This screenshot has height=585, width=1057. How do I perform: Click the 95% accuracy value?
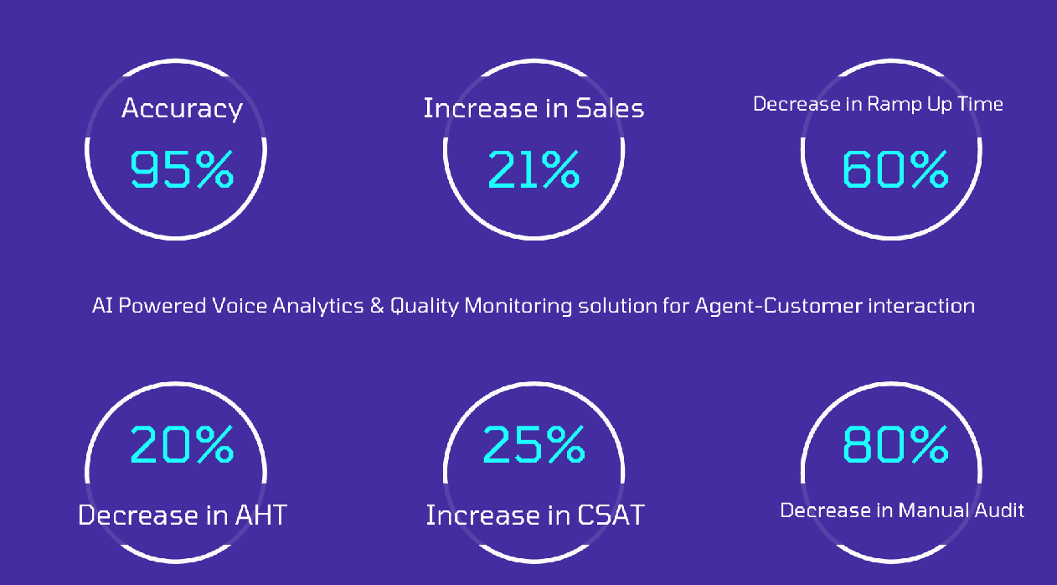[x=182, y=169]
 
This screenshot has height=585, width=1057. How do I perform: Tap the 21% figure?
[x=534, y=169]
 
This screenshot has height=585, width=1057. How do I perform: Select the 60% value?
[x=894, y=169]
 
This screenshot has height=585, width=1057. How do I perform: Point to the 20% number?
[x=182, y=444]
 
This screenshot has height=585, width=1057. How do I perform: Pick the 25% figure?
[x=534, y=444]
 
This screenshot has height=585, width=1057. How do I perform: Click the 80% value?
[x=894, y=444]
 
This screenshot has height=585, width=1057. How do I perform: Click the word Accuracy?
[x=182, y=108]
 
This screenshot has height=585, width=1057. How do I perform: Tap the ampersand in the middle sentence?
[x=377, y=306]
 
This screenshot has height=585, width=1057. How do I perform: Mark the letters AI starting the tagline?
[x=101, y=306]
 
